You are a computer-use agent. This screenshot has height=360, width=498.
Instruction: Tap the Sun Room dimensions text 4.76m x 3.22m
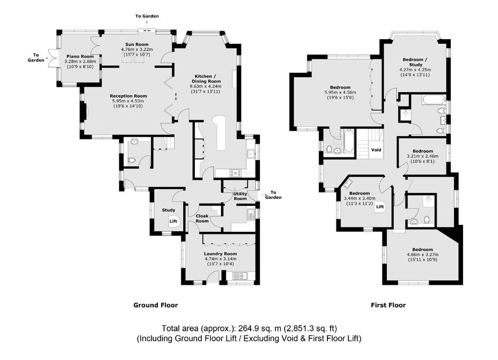[x=137, y=49]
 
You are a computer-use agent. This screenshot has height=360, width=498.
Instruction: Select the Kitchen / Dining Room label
[x=206, y=79]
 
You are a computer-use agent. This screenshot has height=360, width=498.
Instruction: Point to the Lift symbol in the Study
[x=173, y=221]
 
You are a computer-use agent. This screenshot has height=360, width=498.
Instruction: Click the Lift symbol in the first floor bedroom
[x=380, y=207]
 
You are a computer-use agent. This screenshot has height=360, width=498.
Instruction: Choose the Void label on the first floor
[x=376, y=150]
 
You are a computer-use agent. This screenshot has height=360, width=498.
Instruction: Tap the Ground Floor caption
[x=156, y=305]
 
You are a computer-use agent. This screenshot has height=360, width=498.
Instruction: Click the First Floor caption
[x=388, y=305]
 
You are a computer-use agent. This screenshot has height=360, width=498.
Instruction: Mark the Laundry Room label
[x=220, y=254]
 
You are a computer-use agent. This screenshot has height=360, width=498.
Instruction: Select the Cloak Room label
[x=202, y=218]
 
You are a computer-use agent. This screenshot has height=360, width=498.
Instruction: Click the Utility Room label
[x=240, y=196]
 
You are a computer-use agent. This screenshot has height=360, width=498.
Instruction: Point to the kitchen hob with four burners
[x=235, y=173]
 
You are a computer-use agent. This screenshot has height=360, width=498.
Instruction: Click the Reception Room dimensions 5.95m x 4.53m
[x=128, y=101]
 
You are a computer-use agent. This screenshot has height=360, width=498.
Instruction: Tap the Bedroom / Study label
[x=415, y=62]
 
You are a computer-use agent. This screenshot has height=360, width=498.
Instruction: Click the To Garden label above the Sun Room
[x=147, y=16]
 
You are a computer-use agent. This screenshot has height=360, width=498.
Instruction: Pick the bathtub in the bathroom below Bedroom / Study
[x=434, y=100]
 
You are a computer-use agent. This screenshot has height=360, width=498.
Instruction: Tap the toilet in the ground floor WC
[x=131, y=161]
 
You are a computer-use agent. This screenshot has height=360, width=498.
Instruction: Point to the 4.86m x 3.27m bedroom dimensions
[x=422, y=254]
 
